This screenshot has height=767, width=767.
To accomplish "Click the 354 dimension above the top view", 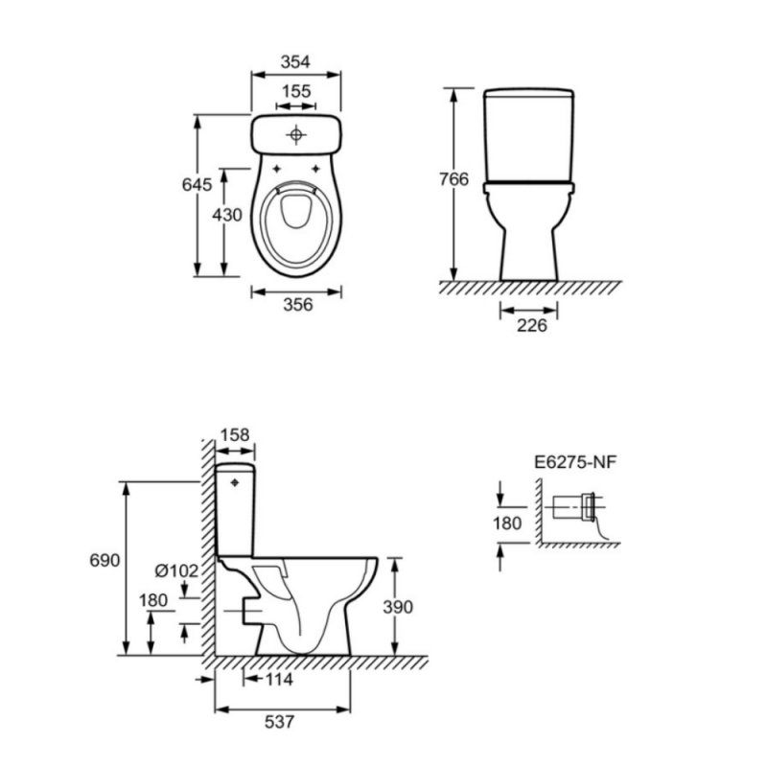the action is point(295,62).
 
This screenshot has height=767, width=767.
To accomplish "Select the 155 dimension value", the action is point(296,91).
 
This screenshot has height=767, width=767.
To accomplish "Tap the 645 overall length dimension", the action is point(198,184).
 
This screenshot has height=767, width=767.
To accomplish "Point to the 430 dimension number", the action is point(227,215).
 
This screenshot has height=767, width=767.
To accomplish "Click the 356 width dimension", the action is point(298,305).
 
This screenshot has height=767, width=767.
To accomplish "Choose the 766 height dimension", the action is point(453,179).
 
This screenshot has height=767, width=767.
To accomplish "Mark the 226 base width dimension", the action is point(532,325).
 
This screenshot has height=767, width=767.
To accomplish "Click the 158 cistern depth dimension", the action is point(235,435).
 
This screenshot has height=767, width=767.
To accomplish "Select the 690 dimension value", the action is point(105,560).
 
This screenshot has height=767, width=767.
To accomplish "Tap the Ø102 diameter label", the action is point(176,570).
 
